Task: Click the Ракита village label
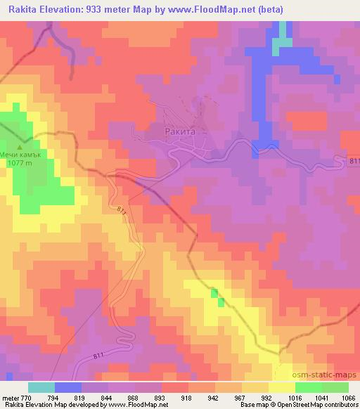[x=182, y=130]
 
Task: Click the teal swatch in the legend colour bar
[x=41, y=387]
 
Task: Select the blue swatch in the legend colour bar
[x=68, y=387]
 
